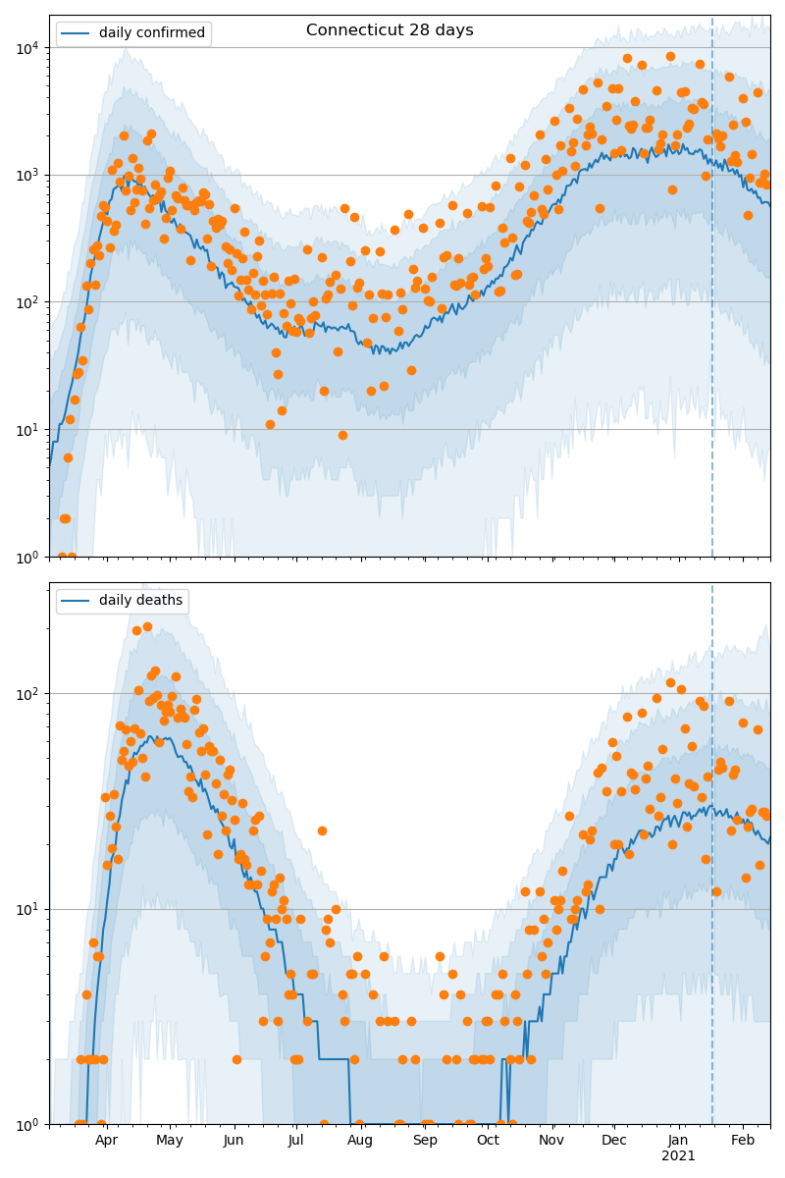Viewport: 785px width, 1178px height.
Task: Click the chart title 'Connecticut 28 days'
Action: click(x=390, y=30)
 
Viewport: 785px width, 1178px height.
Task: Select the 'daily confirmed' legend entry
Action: click(x=152, y=33)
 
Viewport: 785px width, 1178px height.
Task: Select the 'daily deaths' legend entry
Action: click(x=140, y=601)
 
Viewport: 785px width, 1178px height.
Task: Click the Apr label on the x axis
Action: click(x=106, y=1141)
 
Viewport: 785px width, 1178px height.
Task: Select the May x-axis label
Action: click(x=170, y=1141)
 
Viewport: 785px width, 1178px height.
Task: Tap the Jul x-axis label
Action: click(x=296, y=1141)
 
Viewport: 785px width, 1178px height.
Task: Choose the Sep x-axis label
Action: click(x=425, y=1141)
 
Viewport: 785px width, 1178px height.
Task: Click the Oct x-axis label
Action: click(x=488, y=1141)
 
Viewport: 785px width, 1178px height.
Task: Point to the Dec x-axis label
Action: click(x=614, y=1141)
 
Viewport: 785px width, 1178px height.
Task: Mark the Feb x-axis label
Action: click(x=743, y=1141)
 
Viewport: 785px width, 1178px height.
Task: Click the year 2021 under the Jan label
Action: click(x=678, y=1156)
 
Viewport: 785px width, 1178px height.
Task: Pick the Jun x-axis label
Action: click(x=234, y=1141)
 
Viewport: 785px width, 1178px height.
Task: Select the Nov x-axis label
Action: click(x=551, y=1141)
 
